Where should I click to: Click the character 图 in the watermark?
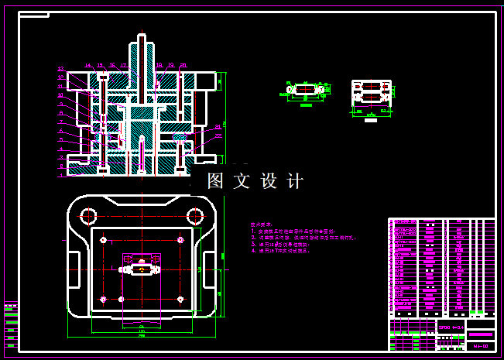click(216, 181)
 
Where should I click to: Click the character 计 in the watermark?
click(295, 181)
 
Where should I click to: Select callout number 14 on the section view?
click(88, 66)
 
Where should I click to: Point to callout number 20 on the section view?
click(183, 66)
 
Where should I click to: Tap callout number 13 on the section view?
click(60, 69)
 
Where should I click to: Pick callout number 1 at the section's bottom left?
click(60, 175)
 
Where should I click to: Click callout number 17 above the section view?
click(124, 66)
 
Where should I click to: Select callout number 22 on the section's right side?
click(218, 136)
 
